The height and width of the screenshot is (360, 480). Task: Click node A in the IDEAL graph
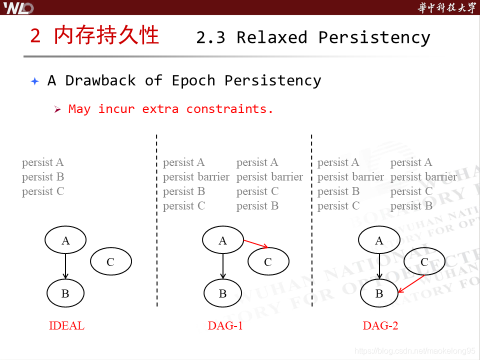(65, 240)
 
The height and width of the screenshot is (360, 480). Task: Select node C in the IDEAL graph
(110, 261)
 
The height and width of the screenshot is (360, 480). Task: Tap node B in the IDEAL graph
(65, 293)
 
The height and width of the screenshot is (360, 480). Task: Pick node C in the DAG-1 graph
(268, 262)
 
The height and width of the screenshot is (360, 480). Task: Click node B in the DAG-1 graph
(223, 293)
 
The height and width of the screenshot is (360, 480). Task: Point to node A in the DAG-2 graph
(379, 240)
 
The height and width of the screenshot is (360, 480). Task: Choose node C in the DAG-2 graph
(424, 262)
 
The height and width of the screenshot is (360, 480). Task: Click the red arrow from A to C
(255, 243)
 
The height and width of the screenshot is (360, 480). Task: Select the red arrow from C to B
(411, 284)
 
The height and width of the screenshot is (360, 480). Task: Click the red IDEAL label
(66, 326)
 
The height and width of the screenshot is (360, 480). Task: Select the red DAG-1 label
(225, 326)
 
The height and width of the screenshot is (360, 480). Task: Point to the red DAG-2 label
(380, 326)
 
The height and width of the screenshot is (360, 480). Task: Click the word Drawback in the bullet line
(100, 80)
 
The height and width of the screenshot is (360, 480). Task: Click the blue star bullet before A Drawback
(34, 81)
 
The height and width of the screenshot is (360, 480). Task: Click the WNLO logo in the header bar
(19, 7)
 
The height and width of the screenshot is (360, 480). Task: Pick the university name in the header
(446, 7)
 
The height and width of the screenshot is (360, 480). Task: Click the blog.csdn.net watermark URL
(415, 351)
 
